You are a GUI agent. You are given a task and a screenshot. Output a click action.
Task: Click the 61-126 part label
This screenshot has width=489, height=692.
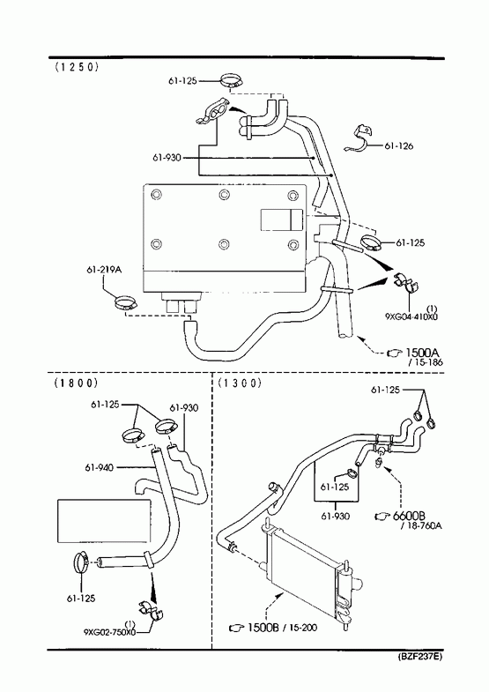tap(398, 146)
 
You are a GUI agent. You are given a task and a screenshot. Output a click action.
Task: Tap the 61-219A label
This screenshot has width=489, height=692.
tap(104, 270)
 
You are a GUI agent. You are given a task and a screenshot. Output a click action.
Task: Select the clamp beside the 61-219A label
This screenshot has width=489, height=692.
tap(126, 303)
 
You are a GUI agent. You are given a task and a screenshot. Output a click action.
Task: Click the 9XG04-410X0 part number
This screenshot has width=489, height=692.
tap(411, 316)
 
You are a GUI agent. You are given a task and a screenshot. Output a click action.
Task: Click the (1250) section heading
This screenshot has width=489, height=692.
tap(76, 67)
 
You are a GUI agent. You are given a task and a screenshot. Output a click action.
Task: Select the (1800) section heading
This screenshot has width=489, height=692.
tap(76, 383)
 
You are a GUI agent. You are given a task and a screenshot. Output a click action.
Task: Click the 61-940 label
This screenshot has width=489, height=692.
tap(100, 467)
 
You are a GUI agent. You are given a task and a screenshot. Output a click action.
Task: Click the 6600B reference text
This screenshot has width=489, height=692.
tap(408, 516)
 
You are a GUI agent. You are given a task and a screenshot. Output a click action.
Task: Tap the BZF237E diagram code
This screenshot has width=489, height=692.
tap(419, 656)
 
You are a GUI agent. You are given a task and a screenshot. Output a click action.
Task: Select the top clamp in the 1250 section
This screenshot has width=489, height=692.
tap(232, 81)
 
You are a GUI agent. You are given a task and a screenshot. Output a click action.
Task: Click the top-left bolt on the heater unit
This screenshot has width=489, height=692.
tap(156, 194)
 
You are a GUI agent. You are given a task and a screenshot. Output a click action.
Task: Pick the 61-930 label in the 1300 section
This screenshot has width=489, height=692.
tap(335, 516)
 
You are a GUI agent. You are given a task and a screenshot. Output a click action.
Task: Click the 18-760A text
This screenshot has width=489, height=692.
tap(425, 526)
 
